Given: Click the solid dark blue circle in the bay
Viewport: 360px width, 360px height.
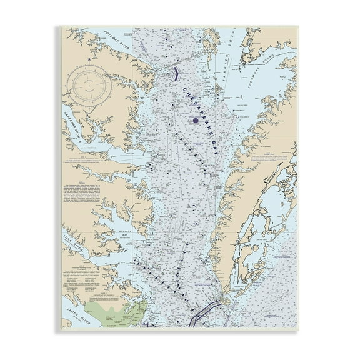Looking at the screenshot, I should [196, 120].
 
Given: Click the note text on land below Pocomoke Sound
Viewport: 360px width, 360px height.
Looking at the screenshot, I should [266, 156].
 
